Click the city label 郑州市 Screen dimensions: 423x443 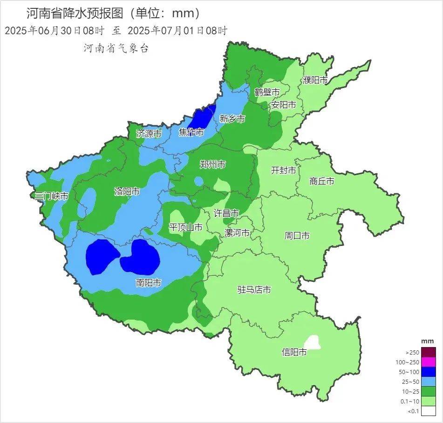pos(212,164)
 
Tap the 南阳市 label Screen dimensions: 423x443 pos(149,283)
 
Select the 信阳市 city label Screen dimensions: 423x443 pos(294,352)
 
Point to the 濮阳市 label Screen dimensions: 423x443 pos(315,80)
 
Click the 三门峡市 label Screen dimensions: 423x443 pos(52,196)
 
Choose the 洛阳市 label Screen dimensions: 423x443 pos(127,191)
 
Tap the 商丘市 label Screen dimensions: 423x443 pos(321,181)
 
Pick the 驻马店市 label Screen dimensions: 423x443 pos(254,290)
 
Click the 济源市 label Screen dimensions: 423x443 pos(149,134)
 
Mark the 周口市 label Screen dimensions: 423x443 pos(297,236)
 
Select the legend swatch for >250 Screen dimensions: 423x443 pos(429,352)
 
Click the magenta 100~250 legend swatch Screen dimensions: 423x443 pos(429,362)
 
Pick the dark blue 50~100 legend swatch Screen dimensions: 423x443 pos(429,372)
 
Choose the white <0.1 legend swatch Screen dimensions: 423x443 pos(429,411)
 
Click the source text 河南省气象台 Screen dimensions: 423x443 pos(116,48)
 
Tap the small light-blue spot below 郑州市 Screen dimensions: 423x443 pos(199,181)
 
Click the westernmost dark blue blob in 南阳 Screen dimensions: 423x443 pos(102,256)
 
